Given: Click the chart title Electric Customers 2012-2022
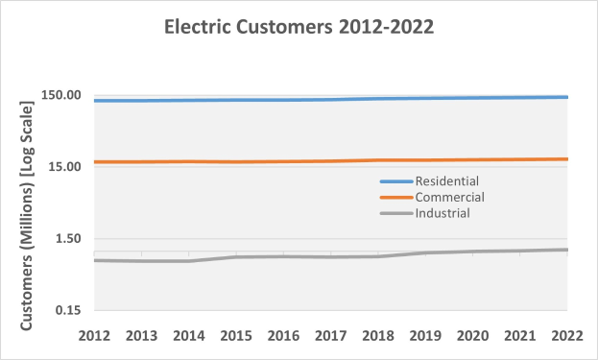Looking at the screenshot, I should click(299, 28).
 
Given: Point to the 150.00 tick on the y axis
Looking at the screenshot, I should click(61, 96).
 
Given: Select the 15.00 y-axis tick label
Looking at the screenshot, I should click(64, 167).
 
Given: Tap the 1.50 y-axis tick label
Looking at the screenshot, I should click(68, 239).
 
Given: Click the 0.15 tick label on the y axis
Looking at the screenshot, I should click(68, 310).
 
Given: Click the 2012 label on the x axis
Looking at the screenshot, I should click(95, 335).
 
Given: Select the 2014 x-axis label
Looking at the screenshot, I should click(189, 335).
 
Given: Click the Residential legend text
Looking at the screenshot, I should click(446, 180).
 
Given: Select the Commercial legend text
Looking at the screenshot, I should click(449, 197).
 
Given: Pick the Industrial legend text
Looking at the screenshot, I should click(443, 213).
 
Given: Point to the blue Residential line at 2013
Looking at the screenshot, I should click(142, 101).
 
